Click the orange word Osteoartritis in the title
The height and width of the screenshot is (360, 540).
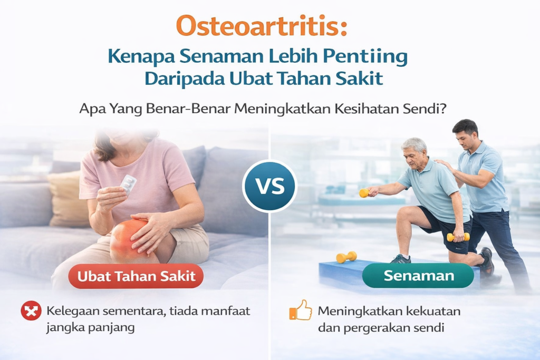(262, 26)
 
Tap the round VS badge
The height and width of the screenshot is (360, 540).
(269, 186)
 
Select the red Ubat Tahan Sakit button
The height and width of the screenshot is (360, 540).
(136, 276)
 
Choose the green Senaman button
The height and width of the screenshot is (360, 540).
(418, 276)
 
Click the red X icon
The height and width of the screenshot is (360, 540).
(31, 312)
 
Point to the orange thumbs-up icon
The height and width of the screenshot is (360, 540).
(301, 311)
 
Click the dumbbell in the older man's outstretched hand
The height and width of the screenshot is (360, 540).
(364, 193)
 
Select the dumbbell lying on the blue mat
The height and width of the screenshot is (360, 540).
(346, 257)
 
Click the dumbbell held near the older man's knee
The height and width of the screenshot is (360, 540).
(456, 237)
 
